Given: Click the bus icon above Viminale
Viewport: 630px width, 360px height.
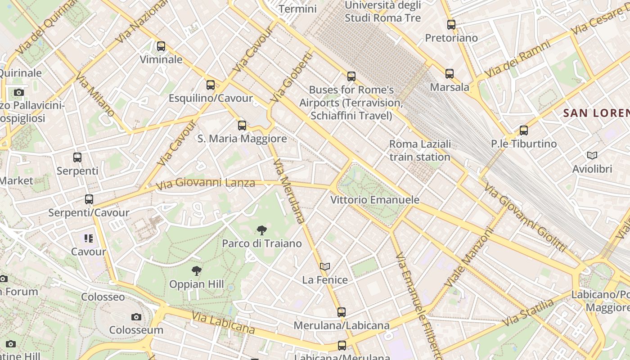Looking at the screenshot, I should click(x=161, y=46).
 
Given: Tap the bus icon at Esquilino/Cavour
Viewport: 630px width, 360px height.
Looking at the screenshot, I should click(x=210, y=85).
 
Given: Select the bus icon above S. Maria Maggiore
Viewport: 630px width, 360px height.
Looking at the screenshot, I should click(x=242, y=125).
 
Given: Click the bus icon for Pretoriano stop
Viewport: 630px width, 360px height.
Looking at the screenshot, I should click(x=451, y=25).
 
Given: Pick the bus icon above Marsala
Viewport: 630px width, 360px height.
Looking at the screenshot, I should click(x=449, y=73).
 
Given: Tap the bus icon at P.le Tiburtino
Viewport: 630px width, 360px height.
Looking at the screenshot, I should click(x=524, y=130).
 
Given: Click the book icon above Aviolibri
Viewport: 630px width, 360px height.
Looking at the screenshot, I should click(x=592, y=156).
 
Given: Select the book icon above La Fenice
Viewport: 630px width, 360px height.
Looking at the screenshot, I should click(x=325, y=266).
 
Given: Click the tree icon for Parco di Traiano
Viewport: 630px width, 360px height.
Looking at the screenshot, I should click(x=261, y=230).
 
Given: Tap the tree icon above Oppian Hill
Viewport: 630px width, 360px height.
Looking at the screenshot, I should click(x=196, y=271).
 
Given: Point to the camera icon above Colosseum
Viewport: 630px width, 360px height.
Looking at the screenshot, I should click(x=136, y=317).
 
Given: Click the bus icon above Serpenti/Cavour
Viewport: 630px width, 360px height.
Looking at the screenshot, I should click(x=89, y=199).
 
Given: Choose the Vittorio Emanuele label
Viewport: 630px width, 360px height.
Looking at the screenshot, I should click(x=374, y=200).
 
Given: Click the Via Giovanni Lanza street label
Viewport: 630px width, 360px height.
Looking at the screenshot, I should click(x=205, y=183).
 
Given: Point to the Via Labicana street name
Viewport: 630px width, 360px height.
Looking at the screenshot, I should click(x=223, y=322).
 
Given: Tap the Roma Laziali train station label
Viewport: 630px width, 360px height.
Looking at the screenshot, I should click(x=419, y=150).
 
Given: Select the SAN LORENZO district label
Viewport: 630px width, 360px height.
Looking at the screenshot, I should click(x=596, y=113).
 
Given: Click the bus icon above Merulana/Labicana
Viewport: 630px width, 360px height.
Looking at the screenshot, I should click(x=342, y=312).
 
